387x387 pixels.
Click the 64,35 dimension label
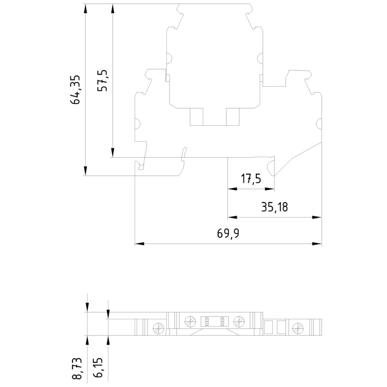click(75, 90)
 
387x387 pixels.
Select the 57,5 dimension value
click(103, 81)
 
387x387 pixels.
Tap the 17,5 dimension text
click(251, 179)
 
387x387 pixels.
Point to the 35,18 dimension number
click(274, 207)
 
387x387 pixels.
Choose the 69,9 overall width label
click(228, 234)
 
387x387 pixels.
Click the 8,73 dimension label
click(77, 368)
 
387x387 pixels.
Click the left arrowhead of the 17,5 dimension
click(232, 189)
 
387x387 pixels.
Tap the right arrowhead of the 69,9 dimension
click(317, 244)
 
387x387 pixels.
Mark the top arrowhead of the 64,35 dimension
click(85, 9)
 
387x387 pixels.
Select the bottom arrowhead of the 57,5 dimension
click(113, 153)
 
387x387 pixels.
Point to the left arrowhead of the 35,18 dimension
click(232, 217)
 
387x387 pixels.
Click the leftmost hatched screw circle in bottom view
click(158, 329)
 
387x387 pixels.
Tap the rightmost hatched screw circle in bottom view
click(298, 329)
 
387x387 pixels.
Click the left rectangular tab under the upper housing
click(196, 117)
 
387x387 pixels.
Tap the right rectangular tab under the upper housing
click(233, 117)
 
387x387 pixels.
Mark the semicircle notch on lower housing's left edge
click(138, 124)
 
